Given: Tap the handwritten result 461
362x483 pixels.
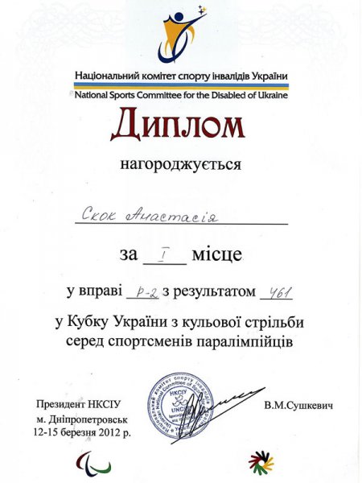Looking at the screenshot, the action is [275, 291].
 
